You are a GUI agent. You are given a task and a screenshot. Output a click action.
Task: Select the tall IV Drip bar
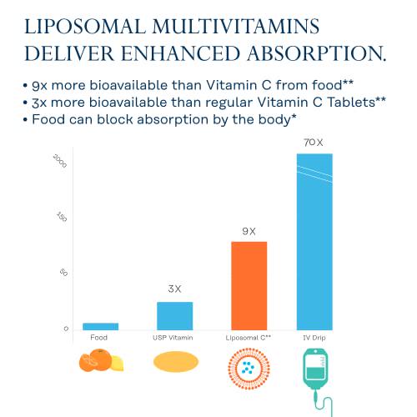[x=314, y=242]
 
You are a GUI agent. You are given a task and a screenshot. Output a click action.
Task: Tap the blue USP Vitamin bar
[x=174, y=315]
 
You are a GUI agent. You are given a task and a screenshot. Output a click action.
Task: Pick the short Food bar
[x=100, y=325]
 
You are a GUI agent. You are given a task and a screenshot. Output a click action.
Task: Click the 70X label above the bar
[x=314, y=143]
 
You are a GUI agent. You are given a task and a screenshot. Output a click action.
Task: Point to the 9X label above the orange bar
[x=249, y=231]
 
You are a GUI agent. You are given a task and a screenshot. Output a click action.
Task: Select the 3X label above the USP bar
[x=174, y=289]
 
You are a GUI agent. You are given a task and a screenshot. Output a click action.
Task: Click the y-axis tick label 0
[x=64, y=329]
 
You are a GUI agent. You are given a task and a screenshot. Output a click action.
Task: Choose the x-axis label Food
[x=99, y=337]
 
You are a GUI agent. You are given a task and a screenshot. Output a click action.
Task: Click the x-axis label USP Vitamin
[x=174, y=337]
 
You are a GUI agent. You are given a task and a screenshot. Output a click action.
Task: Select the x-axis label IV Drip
[x=314, y=337]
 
